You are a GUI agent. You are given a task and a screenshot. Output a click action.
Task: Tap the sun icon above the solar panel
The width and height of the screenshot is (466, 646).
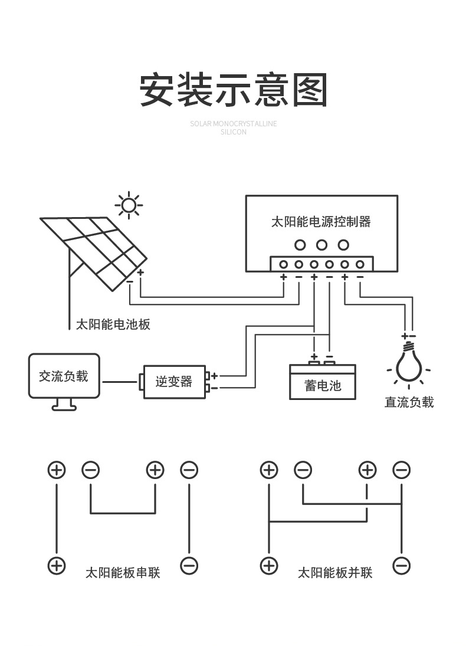tap(129, 206)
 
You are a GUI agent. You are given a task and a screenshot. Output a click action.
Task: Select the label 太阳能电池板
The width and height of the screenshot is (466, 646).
tap(113, 324)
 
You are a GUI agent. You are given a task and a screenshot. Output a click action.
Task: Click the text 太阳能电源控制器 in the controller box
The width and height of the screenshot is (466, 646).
tap(321, 222)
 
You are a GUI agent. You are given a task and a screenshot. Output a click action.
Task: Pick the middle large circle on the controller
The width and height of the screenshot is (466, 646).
tap(321, 245)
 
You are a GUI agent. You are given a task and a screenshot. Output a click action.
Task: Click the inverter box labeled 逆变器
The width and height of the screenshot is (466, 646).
tap(174, 382)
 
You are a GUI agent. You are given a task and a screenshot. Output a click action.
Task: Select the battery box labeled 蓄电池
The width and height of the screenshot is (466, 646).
tap(323, 385)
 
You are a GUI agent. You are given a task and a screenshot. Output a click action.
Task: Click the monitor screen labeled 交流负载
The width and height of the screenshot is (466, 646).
tap(64, 376)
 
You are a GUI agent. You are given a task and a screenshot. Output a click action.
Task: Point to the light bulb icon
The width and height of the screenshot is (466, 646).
tap(408, 363)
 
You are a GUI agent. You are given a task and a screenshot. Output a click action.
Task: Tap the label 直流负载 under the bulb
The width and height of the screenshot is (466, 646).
tap(409, 402)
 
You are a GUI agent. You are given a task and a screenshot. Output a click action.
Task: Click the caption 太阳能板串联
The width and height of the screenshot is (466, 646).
tap(123, 573)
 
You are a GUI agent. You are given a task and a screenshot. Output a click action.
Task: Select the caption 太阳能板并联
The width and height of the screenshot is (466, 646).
tap(335, 573)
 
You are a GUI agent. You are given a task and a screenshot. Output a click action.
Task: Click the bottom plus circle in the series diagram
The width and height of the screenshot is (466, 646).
tap(57, 565)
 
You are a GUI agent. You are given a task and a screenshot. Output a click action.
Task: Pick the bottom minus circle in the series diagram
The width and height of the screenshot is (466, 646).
tap(189, 565)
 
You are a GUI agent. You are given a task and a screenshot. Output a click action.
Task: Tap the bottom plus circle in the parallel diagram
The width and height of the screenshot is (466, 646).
tap(269, 565)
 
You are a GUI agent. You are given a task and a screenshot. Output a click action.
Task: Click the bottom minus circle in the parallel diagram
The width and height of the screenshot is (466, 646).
tap(401, 565)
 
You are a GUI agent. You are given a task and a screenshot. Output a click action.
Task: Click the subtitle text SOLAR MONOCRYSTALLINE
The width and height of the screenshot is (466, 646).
tap(234, 124)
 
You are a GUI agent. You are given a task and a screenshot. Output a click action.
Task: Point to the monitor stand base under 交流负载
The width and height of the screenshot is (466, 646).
tap(64, 406)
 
